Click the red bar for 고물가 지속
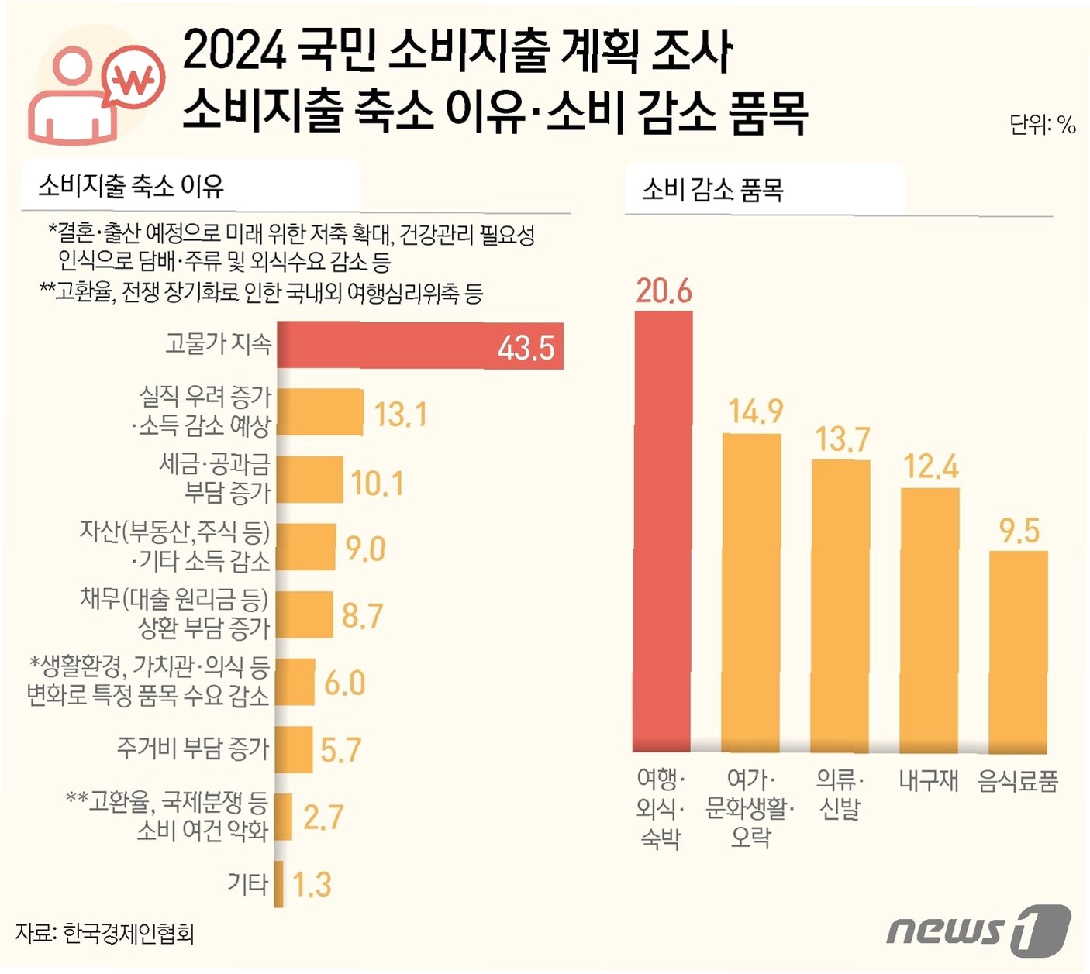click(419, 346)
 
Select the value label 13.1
click(401, 415)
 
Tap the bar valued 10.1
click(309, 480)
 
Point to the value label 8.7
click(362, 616)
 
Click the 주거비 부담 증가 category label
click(193, 749)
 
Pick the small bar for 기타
click(279, 884)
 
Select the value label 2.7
click(323, 817)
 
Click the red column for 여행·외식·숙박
click(663, 532)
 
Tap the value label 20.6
click(664, 291)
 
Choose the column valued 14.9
click(751, 593)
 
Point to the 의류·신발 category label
click(840, 793)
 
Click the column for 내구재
click(930, 620)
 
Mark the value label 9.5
click(1019, 531)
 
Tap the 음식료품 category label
click(1018, 780)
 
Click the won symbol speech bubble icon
click(135, 78)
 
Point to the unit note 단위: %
click(1042, 125)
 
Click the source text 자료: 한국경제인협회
click(105, 932)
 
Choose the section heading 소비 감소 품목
click(712, 189)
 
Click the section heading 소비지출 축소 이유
click(131, 186)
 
